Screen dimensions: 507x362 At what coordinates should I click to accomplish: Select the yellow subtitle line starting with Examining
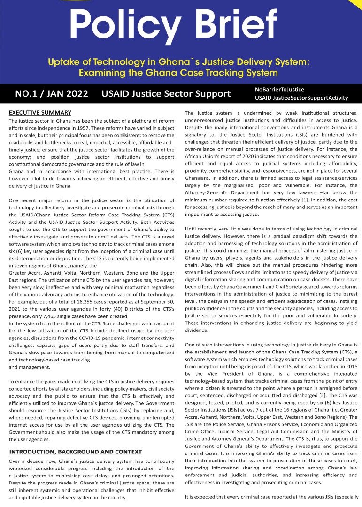coord(178,73)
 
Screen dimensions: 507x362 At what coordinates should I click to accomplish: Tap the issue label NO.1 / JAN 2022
coord(52,94)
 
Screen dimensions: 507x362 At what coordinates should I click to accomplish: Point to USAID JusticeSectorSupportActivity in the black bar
coord(301,98)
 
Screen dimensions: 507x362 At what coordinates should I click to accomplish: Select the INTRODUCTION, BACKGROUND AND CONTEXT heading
coord(75,452)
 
